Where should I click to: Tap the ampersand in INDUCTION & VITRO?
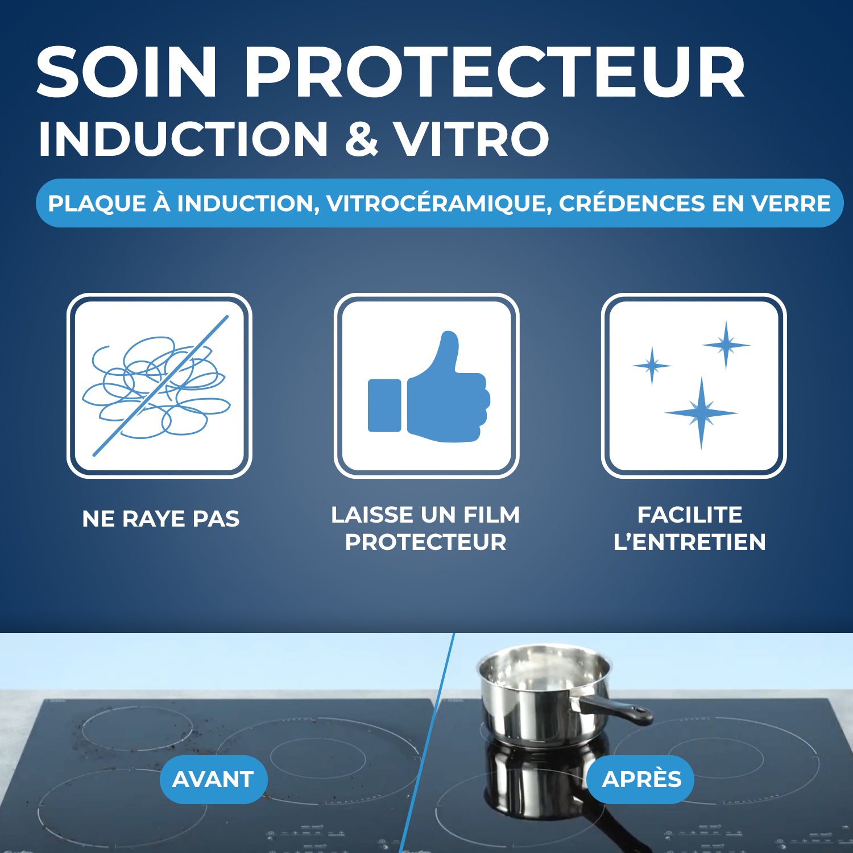[362, 138]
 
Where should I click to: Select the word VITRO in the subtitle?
[472, 138]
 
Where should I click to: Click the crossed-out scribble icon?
[159, 386]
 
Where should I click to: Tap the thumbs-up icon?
[428, 387]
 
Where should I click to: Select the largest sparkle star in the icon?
[701, 413]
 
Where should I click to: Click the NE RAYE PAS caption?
[161, 519]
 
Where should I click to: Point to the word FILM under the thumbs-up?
[491, 515]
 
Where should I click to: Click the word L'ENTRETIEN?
[689, 542]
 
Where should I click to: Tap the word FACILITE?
[689, 515]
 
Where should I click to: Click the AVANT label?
[213, 779]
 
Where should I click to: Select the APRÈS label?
[641, 779]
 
